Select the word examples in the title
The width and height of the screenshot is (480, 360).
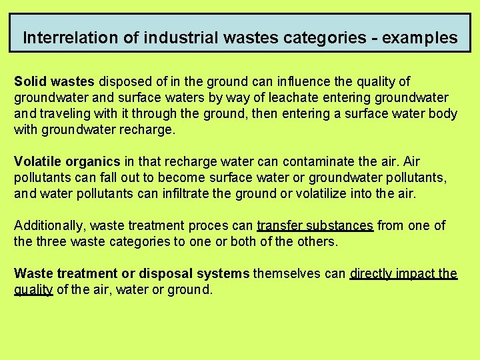point(418,38)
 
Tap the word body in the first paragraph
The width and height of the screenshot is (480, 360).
point(443,113)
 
